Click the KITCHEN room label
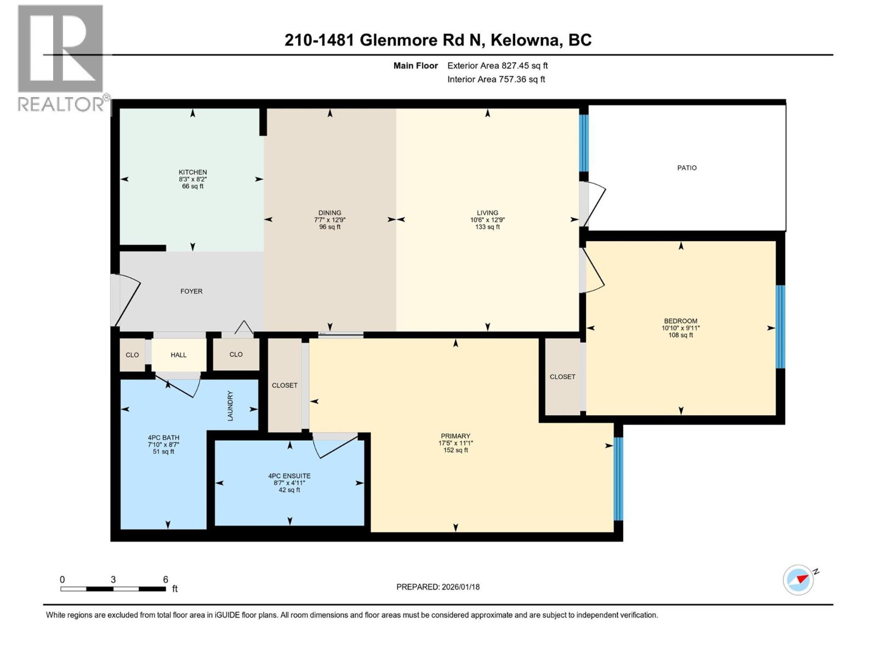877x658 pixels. coord(192,172)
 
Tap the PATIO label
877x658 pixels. coord(686,168)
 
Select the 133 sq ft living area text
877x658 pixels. coord(487,227)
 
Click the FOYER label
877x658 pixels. coord(191,291)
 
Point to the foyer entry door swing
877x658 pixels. coord(126,301)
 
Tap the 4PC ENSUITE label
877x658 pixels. coord(289,476)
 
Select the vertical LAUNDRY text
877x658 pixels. coord(230,406)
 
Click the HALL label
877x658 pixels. coord(178,355)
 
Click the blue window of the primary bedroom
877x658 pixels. coord(618,478)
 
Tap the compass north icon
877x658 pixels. coord(799,580)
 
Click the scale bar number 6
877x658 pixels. coord(166,580)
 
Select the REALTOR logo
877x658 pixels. coord(61,58)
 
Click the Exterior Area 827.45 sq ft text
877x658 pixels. coord(497,66)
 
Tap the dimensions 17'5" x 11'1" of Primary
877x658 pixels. coord(455,443)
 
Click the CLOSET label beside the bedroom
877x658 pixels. coord(562,377)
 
